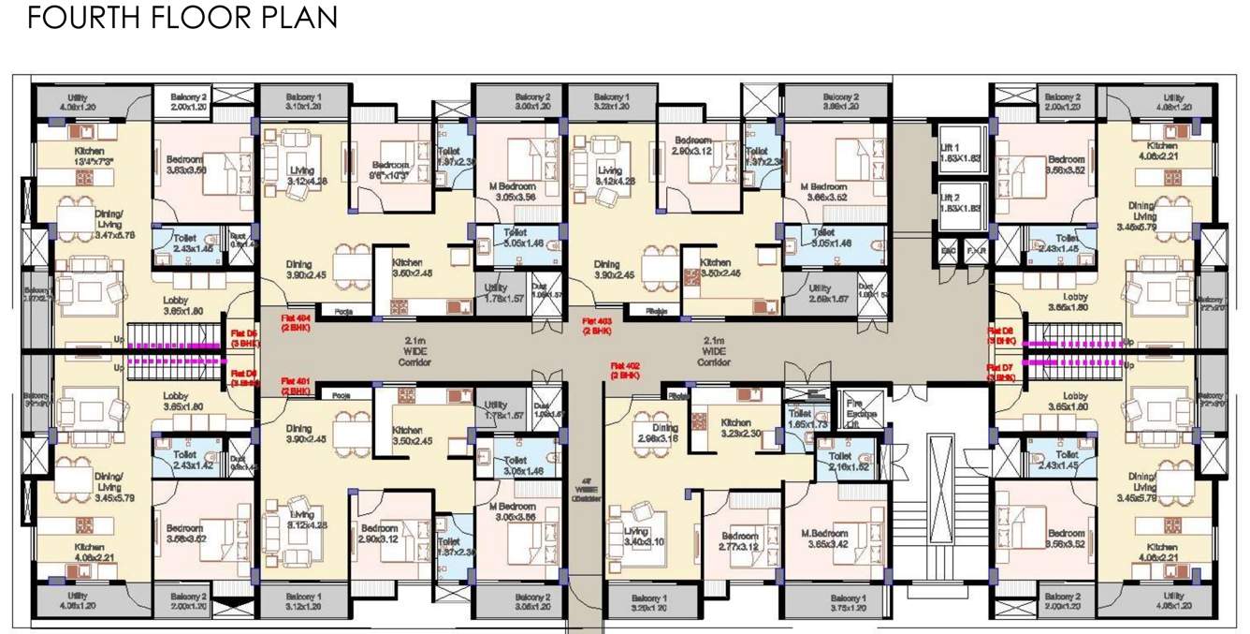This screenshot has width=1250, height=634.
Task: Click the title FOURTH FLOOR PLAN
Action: [x=182, y=18]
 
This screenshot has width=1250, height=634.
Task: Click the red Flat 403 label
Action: [x=597, y=325]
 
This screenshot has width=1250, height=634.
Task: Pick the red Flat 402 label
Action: [x=624, y=369]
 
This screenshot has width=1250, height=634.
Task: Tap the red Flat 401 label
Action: [x=296, y=385]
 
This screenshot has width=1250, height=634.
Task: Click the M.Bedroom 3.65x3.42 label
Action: [x=823, y=538]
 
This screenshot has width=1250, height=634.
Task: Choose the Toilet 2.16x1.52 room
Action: [x=850, y=461]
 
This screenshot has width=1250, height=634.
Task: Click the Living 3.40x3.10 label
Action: [x=643, y=537]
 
